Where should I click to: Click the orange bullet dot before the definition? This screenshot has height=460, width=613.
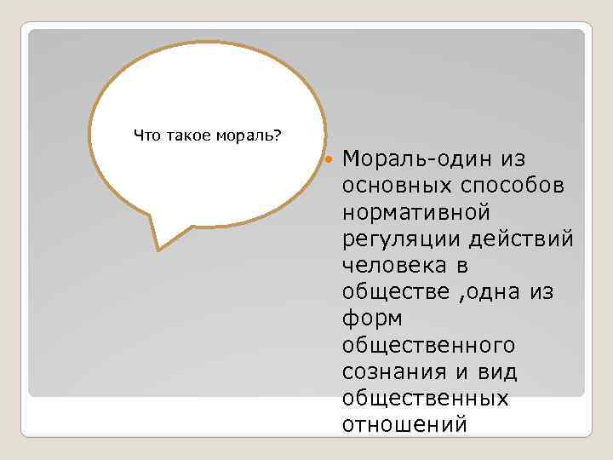[329, 158]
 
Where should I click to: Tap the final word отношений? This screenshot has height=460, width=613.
[404, 423]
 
